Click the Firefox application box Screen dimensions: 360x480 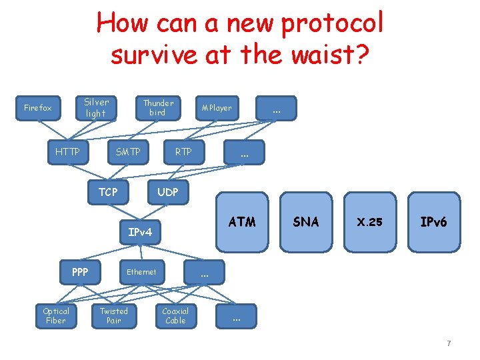click(38, 108)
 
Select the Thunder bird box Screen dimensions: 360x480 click(158, 108)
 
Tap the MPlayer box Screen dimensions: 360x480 click(217, 108)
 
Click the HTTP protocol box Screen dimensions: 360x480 click(67, 152)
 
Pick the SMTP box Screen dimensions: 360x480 click(128, 152)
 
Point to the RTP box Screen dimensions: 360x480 click(183, 152)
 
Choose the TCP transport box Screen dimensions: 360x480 click(108, 192)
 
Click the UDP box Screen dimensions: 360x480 click(167, 192)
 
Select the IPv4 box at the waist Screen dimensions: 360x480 click(140, 232)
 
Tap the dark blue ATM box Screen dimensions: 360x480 click(242, 222)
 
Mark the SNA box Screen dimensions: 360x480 click(306, 222)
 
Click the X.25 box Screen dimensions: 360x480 click(369, 222)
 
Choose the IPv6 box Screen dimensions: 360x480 click(433, 222)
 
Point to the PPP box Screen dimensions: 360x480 click(80, 272)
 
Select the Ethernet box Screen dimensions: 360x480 click(141, 272)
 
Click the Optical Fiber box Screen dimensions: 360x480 click(56, 316)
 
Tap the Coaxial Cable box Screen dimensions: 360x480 click(175, 316)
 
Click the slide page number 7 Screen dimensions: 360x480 click(449, 343)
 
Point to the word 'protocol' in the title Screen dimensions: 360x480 click(333, 23)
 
